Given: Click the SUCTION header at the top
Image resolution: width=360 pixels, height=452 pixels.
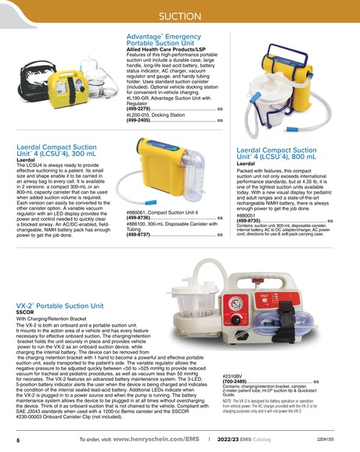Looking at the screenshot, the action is point(179,16).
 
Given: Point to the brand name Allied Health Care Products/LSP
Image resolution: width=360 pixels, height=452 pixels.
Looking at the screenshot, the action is point(172,53).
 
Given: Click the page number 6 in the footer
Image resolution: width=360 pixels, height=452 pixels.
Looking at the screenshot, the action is point(18,442).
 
